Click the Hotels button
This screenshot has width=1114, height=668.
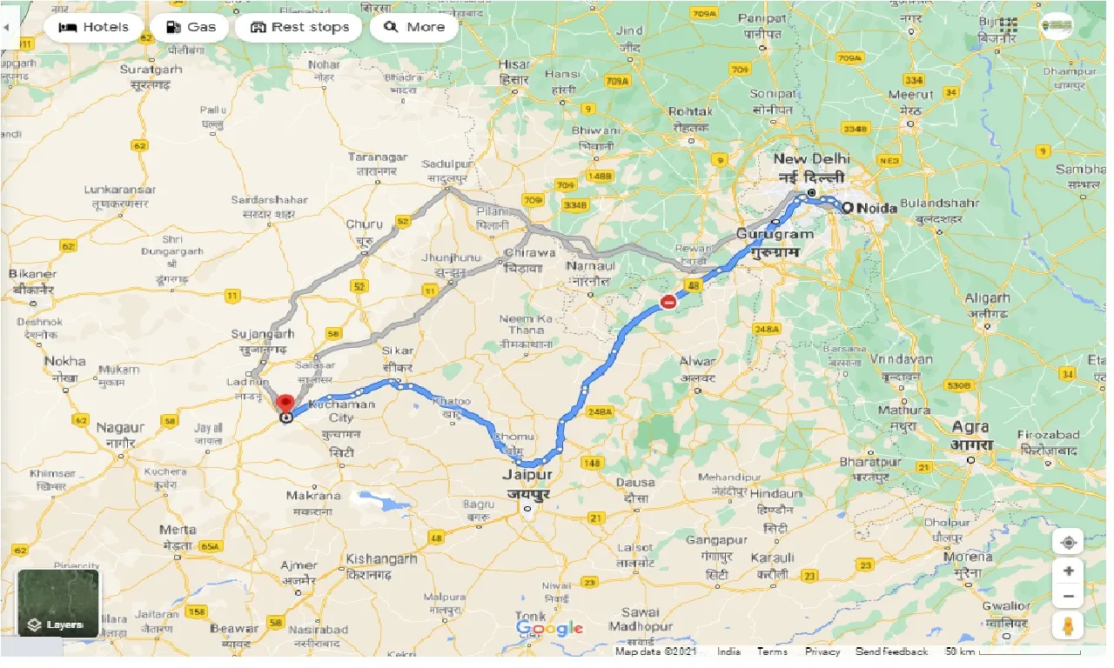[x=93, y=27]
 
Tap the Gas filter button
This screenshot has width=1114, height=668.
[x=190, y=27]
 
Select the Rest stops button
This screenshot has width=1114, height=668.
[x=299, y=27]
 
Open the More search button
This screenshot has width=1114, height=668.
[x=414, y=27]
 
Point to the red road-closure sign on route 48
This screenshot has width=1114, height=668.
[x=668, y=302]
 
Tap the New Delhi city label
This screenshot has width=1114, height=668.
[x=811, y=159]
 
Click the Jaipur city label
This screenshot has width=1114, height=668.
[x=527, y=476]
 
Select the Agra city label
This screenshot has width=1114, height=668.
[x=970, y=427]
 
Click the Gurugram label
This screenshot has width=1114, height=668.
[x=775, y=234]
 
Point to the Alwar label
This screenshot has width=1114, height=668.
[x=697, y=361]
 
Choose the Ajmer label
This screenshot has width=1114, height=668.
[x=299, y=565]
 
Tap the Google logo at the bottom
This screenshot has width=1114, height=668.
[x=549, y=628]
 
